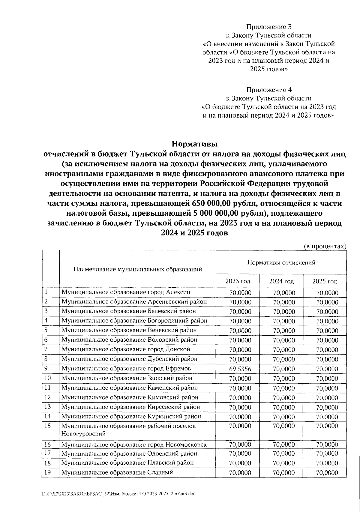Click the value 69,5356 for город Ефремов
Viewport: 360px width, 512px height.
(240, 369)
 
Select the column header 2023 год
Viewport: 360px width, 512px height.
(238, 281)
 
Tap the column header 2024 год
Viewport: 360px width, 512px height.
(281, 281)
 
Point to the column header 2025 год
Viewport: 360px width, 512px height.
(325, 281)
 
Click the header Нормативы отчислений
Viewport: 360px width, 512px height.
(281, 262)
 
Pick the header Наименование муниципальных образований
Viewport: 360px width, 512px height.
(137, 269)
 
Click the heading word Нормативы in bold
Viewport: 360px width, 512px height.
(194, 144)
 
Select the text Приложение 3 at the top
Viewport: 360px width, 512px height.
(269, 27)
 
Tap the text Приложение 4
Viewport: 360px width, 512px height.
(269, 90)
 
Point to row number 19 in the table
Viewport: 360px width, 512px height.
(47, 473)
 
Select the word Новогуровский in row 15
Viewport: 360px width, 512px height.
(83, 433)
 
